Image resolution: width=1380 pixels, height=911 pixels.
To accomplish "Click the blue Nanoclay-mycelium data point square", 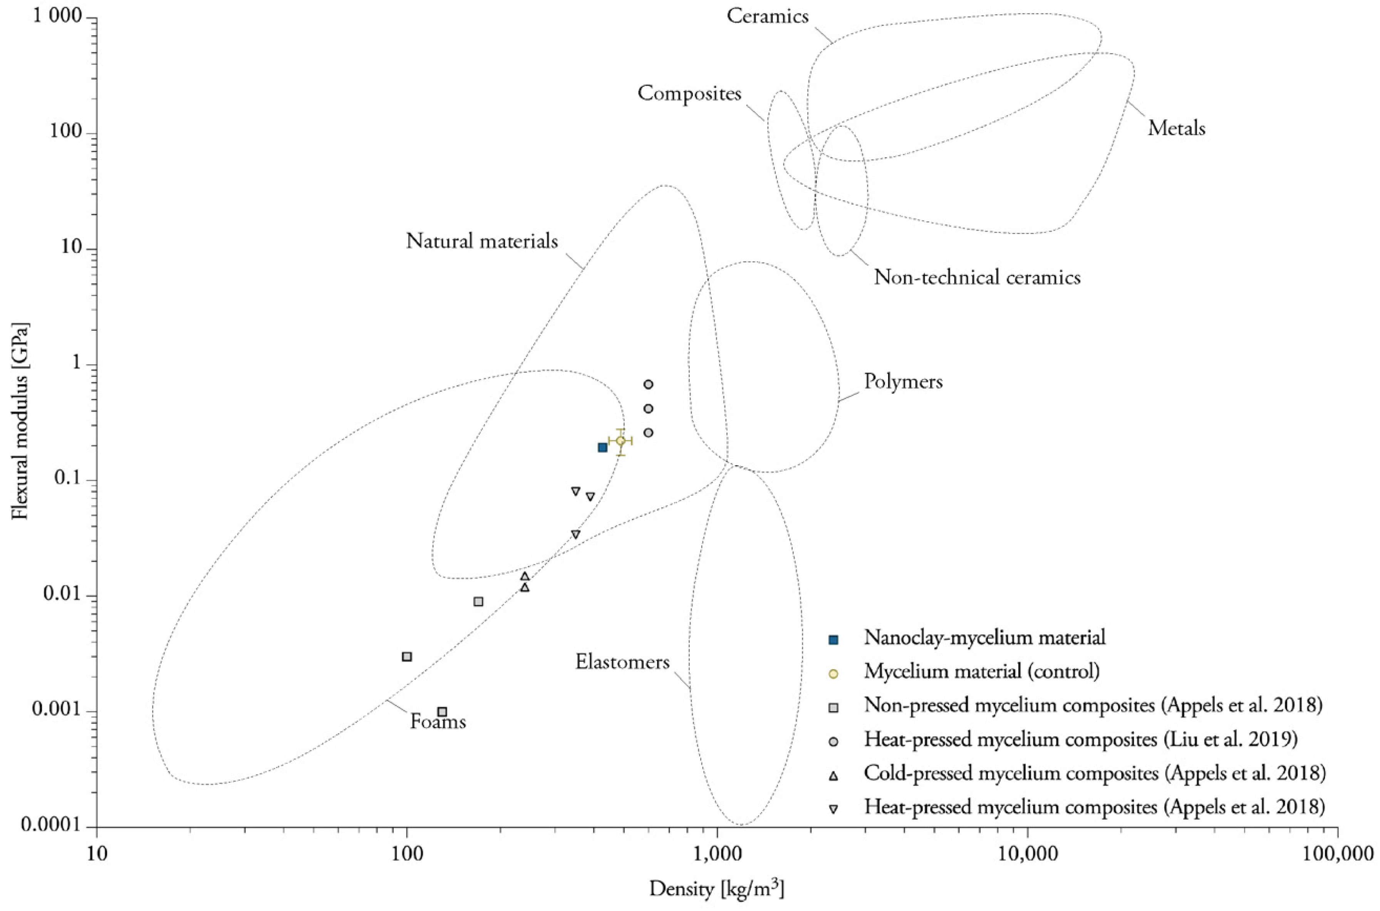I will [602, 447].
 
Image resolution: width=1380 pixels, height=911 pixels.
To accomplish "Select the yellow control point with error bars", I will [620, 441].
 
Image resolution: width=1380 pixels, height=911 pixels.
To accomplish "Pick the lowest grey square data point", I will [442, 712].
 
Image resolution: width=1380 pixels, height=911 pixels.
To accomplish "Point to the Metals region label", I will [1176, 128].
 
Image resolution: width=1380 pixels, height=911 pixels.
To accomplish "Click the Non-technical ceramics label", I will [977, 277].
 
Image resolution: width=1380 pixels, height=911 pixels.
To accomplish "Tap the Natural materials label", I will [482, 241].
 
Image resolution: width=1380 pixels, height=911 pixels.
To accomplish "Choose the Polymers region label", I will [903, 382].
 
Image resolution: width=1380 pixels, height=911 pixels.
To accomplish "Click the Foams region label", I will [438, 722].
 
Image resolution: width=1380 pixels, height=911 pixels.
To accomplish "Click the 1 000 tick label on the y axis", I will [56, 17].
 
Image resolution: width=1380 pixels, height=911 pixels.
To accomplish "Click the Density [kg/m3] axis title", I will [716, 889].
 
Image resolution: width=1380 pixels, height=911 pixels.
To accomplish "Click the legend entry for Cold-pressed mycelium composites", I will [1095, 773].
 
